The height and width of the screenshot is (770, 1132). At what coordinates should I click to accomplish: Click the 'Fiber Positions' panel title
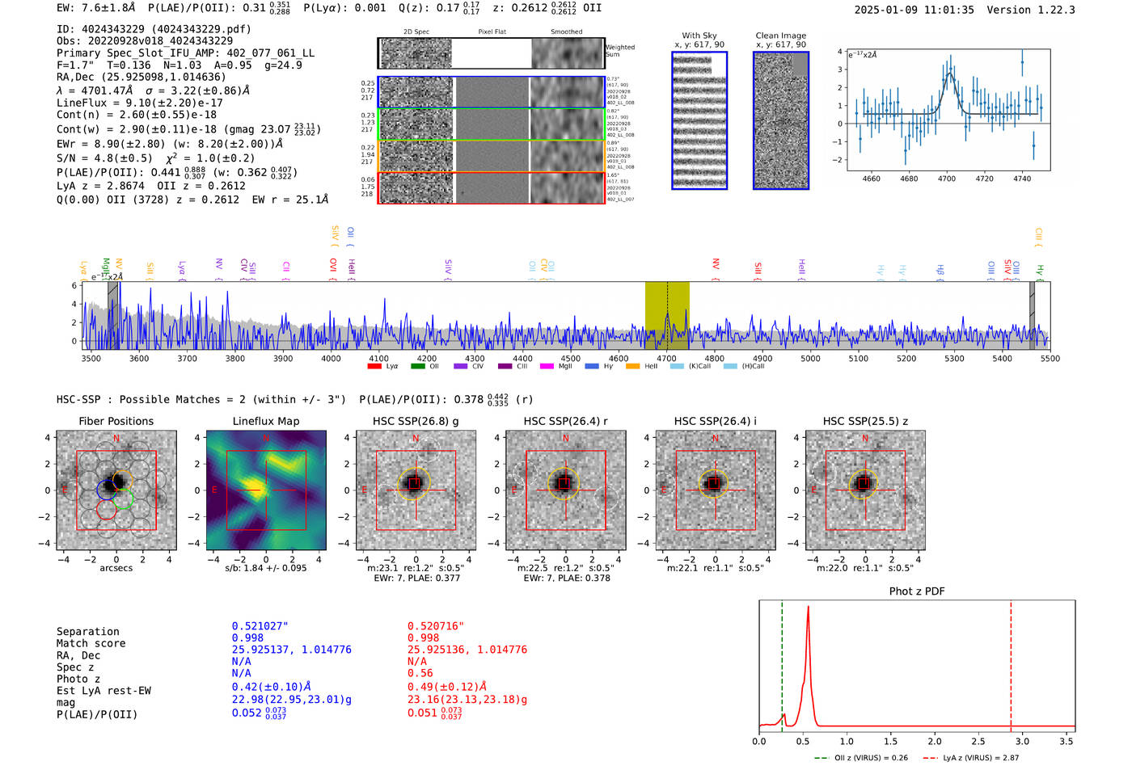[x=116, y=421]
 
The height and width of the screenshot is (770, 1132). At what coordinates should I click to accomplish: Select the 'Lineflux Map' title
[x=266, y=421]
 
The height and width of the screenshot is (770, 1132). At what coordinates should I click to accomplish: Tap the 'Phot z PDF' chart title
[x=917, y=591]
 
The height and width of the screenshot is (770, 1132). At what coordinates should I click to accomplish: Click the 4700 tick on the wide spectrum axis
[x=666, y=359]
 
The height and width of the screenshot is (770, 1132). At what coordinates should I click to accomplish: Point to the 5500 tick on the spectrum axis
[x=1050, y=359]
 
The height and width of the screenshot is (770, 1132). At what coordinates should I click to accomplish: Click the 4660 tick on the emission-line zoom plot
[x=871, y=179]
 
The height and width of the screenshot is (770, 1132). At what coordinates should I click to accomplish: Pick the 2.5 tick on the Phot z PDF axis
[x=978, y=741]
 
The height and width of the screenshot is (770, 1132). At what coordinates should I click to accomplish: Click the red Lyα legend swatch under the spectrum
[x=374, y=367]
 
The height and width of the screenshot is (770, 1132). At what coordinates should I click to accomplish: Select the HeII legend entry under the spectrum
[x=645, y=367]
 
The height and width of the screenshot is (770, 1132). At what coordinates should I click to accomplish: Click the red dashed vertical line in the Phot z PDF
[x=1011, y=663]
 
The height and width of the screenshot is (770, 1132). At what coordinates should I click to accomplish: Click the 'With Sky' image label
[x=699, y=36]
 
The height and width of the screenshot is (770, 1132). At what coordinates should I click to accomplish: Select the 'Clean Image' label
[x=780, y=36]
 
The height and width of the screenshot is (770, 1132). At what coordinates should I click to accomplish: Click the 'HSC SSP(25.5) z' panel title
[x=865, y=421]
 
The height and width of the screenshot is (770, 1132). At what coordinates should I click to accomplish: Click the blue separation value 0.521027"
[x=260, y=626]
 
